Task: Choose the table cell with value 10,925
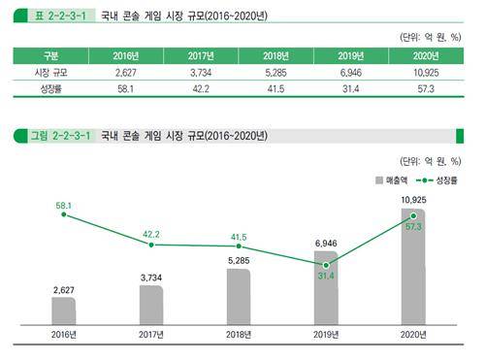pyautogui.click(x=429, y=73)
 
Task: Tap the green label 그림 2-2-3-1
pyautogui.click(x=54, y=135)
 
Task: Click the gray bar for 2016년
pyautogui.click(x=64, y=311)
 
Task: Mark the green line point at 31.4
pyautogui.click(x=326, y=264)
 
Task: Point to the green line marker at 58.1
pyautogui.click(x=64, y=214)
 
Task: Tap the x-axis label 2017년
pyautogui.click(x=151, y=335)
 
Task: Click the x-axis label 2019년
pyautogui.click(x=326, y=335)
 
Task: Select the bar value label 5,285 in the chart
pyautogui.click(x=239, y=260)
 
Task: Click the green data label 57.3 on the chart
pyautogui.click(x=413, y=226)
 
